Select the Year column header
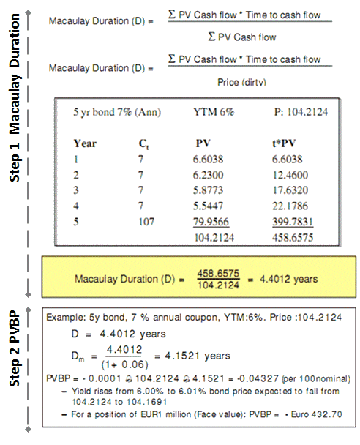coord(86,143)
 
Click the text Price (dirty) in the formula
coord(244,83)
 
